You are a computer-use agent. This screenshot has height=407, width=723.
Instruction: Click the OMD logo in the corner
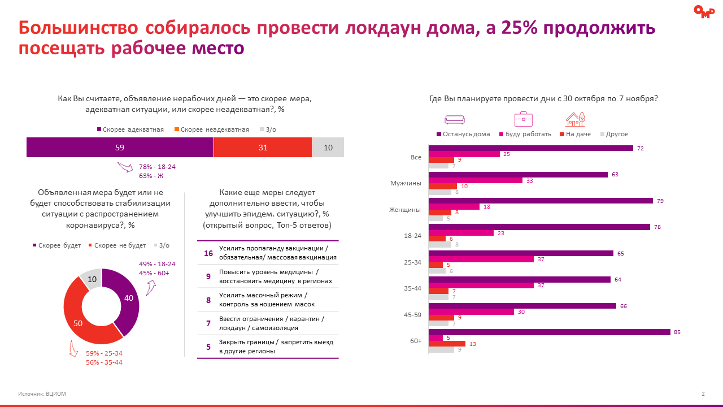click(x=704, y=11)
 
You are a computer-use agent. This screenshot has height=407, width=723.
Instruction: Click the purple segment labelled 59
click(x=120, y=148)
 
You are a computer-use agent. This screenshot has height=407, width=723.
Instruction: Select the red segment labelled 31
click(x=263, y=148)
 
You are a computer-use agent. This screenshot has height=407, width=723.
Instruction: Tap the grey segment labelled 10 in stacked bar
click(x=328, y=148)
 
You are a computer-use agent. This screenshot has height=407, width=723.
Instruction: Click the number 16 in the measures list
click(x=208, y=253)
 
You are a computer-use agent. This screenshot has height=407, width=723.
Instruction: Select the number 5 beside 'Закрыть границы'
click(x=208, y=347)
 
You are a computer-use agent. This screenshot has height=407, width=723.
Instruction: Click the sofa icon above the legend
click(x=454, y=119)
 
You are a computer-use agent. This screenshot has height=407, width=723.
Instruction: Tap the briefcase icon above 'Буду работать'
click(x=523, y=119)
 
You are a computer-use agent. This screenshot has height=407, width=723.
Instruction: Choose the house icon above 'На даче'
click(x=575, y=119)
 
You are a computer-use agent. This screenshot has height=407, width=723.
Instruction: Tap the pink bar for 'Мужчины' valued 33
click(x=476, y=180)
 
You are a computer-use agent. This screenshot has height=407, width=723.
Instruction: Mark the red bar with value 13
click(x=447, y=344)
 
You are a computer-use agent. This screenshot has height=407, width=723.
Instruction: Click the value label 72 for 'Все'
click(x=640, y=148)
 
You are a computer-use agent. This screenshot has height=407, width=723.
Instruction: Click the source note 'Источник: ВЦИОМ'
click(x=42, y=394)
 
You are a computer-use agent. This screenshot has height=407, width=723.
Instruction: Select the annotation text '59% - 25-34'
click(x=104, y=353)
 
